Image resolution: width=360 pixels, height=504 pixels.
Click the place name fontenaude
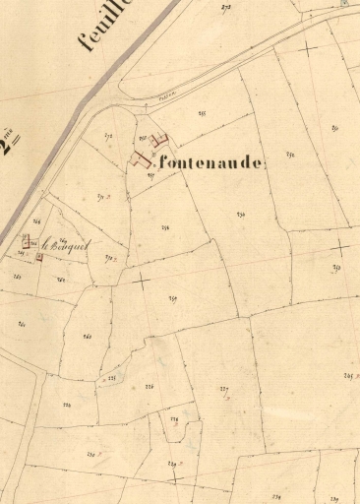(209, 164)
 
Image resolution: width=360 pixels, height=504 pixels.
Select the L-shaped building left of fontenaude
(141, 158)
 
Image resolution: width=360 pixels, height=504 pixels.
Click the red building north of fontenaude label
(161, 141)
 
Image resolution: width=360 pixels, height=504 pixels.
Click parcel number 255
(202, 115)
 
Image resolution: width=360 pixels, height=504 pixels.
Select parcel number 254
(240, 214)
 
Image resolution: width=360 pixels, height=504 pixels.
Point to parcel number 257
(172, 299)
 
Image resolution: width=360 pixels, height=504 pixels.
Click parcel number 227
(223, 390)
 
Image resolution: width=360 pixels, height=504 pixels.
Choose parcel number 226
(150, 388)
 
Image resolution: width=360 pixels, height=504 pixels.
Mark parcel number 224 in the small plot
(174, 420)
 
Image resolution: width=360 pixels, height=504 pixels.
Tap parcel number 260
(88, 337)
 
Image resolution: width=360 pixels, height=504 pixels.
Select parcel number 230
(90, 454)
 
